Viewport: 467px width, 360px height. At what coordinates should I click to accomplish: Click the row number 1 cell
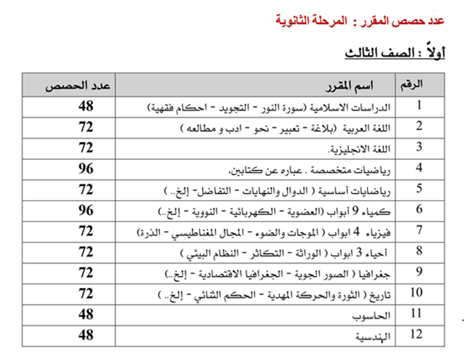pyautogui.click(x=420, y=106)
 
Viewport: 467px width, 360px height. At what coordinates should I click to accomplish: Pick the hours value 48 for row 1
pyautogui.click(x=85, y=106)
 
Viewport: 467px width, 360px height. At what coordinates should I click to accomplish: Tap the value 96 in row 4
pyautogui.click(x=85, y=169)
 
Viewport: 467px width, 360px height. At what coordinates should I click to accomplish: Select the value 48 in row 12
pyautogui.click(x=85, y=335)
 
